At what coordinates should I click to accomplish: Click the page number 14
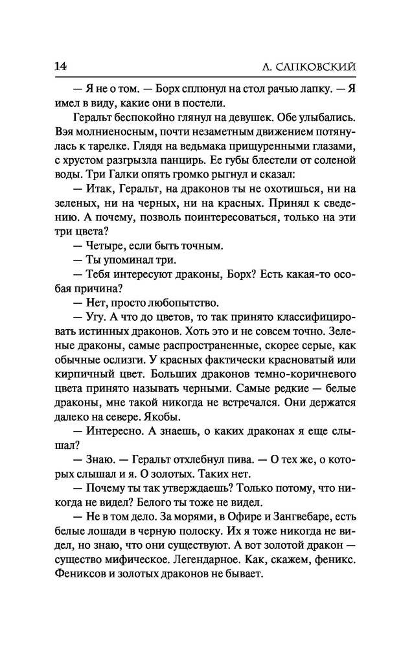pyautogui.click(x=61, y=67)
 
